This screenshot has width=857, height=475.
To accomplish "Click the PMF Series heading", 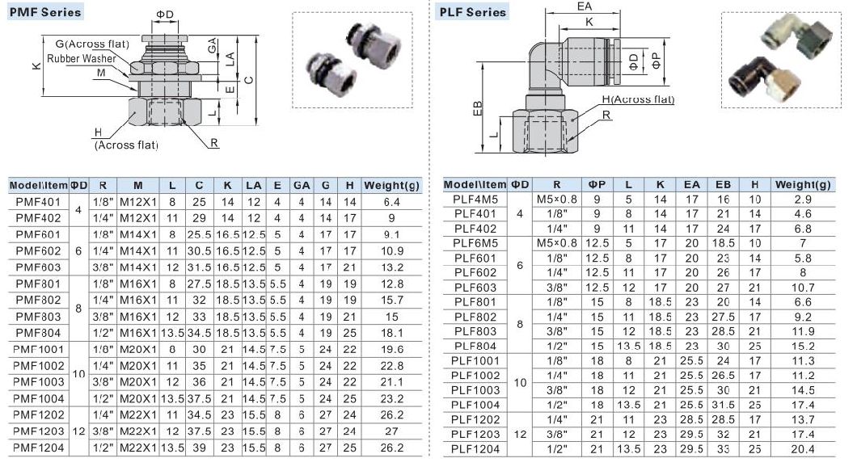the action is (x=45, y=12).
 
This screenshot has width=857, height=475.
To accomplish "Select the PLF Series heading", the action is (x=473, y=12).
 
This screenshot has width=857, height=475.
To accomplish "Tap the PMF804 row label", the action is (x=38, y=333).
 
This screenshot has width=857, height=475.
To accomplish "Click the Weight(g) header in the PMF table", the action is (x=391, y=186).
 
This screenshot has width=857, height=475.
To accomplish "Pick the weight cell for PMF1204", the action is (x=391, y=448).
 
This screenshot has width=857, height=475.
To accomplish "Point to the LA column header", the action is (x=254, y=186).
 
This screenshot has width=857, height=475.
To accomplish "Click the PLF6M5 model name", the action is (x=475, y=243).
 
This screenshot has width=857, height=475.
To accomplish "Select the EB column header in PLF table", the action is (x=723, y=185).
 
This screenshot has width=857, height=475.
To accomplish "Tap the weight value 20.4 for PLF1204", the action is (x=802, y=449).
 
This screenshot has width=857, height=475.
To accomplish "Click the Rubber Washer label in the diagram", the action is (x=82, y=58).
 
